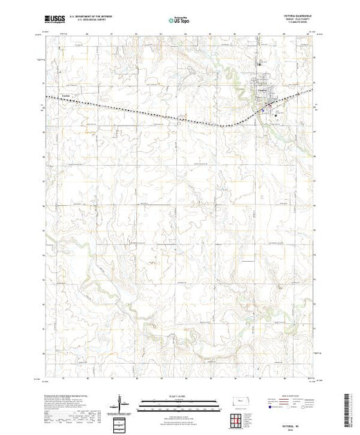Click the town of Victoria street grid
click(x=265, y=94)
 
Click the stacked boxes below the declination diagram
click(x=122, y=420)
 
